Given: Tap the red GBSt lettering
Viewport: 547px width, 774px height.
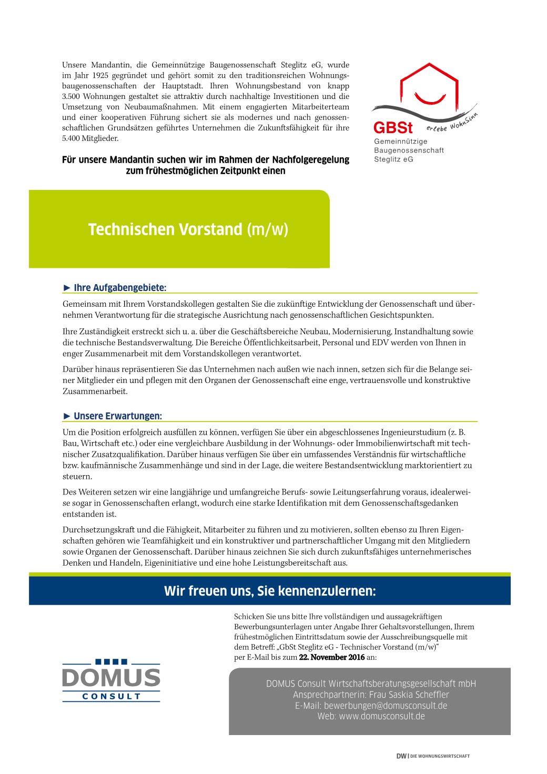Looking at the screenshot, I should click(x=393, y=128).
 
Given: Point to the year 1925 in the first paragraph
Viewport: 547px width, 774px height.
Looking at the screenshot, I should click(x=100, y=75).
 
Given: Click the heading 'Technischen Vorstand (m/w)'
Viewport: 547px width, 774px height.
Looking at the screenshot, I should click(x=188, y=229).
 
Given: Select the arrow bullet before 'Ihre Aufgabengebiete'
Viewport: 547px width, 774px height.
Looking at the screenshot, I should click(x=67, y=287).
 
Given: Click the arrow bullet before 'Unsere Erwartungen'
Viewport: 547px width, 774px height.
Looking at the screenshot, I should click(x=67, y=416).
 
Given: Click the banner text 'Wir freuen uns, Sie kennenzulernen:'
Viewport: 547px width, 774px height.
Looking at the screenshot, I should click(x=270, y=591).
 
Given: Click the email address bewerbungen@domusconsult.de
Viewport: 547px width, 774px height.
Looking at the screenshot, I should click(x=386, y=706).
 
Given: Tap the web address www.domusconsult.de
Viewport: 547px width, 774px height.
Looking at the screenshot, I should click(x=382, y=716).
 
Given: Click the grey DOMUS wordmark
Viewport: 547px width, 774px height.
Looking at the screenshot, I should click(x=111, y=678).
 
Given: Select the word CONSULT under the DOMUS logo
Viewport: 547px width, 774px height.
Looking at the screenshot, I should click(x=112, y=696).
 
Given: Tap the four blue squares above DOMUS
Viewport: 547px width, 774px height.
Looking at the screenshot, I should click(x=111, y=662).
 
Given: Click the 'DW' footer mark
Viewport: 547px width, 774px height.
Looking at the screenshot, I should click(x=401, y=756).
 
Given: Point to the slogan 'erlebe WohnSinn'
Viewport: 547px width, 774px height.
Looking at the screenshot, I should click(x=452, y=123).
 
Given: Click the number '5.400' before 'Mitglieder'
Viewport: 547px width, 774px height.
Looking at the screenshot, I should click(x=71, y=138).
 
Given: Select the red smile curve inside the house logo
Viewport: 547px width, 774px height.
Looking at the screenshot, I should click(x=430, y=99).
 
